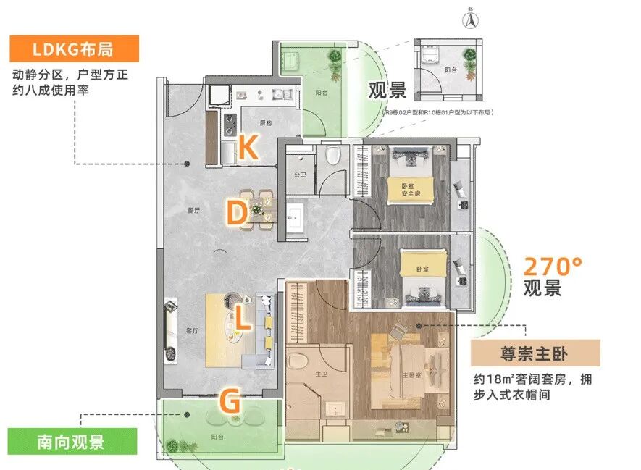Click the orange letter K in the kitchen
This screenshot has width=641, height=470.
(x=247, y=147)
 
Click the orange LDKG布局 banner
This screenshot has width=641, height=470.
(x=74, y=49)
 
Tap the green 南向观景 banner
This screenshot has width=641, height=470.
(x=72, y=442)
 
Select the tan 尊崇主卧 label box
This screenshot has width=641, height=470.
(x=535, y=354)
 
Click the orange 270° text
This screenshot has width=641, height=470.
(x=553, y=265)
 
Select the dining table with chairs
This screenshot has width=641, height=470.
(x=257, y=209)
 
